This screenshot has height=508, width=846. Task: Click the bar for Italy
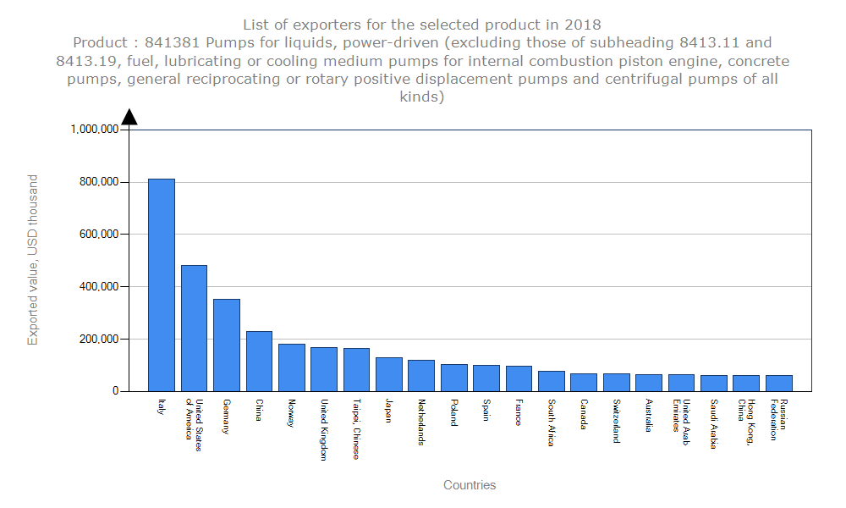[162, 284]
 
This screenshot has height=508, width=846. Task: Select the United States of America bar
[194, 328]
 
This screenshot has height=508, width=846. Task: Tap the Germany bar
[227, 345]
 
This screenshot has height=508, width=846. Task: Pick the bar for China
[259, 361]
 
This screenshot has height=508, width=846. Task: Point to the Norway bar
[292, 367]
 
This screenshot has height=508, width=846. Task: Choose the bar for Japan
[389, 374]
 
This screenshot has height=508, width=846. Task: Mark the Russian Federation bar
[779, 383]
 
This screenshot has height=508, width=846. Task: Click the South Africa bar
[552, 381]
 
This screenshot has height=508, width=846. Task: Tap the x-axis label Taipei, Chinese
[356, 429]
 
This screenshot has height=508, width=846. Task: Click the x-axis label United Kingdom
[324, 429]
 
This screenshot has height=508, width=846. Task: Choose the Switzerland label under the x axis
[617, 421]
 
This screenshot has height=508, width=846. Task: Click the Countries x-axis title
[470, 485]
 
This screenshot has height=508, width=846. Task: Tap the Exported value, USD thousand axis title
[33, 260]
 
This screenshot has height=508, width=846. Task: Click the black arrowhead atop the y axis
[129, 117]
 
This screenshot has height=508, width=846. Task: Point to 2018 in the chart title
[584, 25]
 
